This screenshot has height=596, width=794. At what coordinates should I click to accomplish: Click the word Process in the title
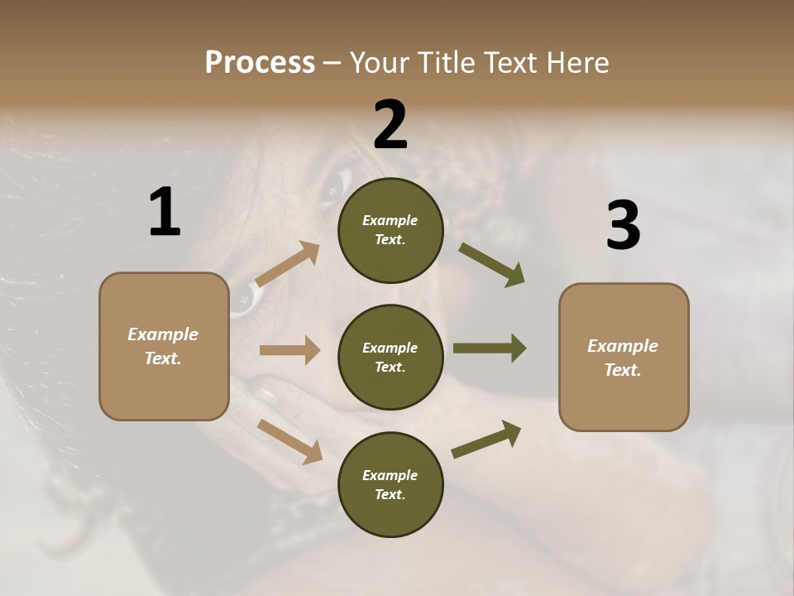click(260, 63)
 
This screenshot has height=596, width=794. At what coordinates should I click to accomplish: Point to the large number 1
click(165, 213)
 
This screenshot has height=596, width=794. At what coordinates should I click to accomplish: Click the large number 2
click(390, 125)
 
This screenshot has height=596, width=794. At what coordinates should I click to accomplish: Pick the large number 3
click(623, 226)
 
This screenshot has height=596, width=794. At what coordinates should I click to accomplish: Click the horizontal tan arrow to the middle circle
click(289, 350)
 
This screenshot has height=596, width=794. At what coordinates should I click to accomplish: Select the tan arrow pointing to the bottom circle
click(289, 440)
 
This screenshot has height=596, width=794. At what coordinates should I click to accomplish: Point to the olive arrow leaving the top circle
click(491, 265)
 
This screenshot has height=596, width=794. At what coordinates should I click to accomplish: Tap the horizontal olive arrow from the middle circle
click(489, 348)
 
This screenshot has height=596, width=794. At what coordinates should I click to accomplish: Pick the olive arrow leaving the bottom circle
click(486, 440)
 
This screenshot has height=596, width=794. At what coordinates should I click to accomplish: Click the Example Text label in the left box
click(163, 346)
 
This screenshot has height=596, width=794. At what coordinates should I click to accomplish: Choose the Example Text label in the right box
click(623, 358)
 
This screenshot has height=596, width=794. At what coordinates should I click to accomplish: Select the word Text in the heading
click(513, 63)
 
